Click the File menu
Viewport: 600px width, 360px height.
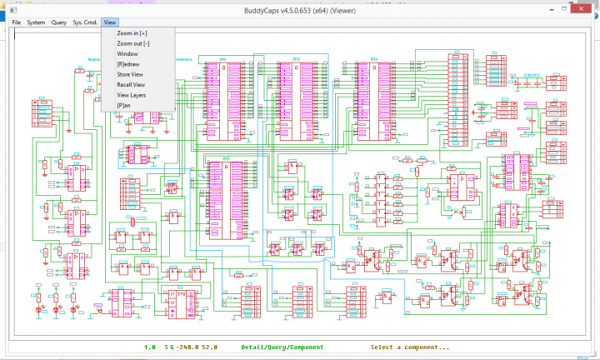pos(16,22)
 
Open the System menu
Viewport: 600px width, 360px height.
pos(36,22)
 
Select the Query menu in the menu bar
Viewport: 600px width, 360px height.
pos(59,22)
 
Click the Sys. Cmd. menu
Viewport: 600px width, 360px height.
pos(85,22)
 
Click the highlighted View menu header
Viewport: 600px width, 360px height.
pos(111,22)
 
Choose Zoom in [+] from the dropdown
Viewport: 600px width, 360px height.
pos(132,32)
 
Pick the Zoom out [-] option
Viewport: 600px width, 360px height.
pos(133,43)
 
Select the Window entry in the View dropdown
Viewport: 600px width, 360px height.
pos(127,53)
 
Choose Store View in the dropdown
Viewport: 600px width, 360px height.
pos(131,74)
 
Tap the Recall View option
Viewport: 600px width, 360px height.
pos(131,85)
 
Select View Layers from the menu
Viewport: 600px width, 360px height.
pos(132,95)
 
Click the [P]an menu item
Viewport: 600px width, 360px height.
pos(125,106)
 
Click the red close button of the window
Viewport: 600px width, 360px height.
pos(582,7)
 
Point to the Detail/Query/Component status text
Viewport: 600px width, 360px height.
pos(282,347)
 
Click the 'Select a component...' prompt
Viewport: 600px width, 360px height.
pos(410,347)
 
